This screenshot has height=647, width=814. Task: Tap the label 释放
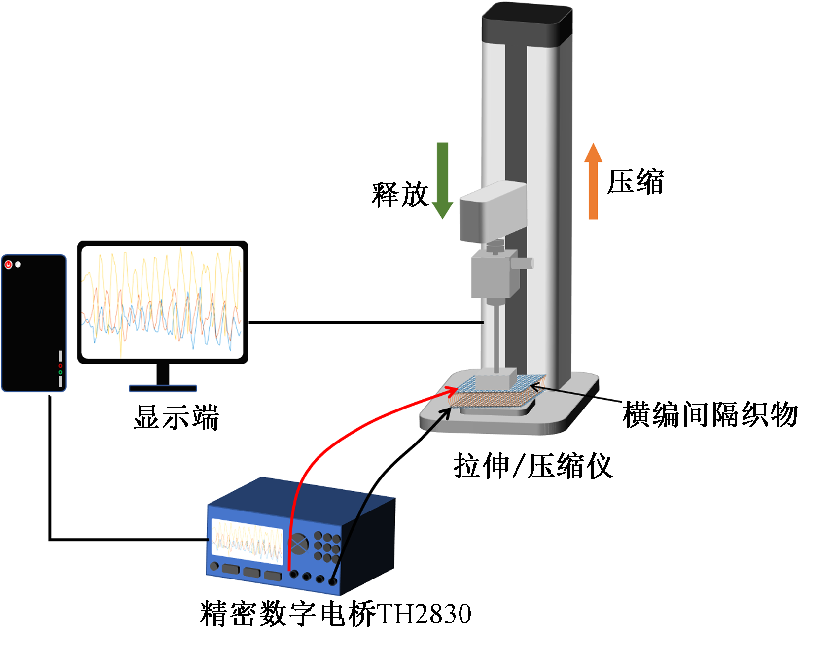click(x=399, y=195)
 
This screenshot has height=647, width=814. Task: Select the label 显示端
click(x=176, y=418)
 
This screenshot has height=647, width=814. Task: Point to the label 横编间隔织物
click(x=710, y=414)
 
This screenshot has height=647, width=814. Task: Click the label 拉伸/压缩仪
click(x=533, y=466)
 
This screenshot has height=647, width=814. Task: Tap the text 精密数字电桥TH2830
click(x=336, y=614)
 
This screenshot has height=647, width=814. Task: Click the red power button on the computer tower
click(x=8, y=265)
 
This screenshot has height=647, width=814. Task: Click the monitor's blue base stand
click(x=163, y=388)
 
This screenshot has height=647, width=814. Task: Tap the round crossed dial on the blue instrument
click(x=298, y=544)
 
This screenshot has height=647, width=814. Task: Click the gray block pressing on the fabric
click(x=495, y=379)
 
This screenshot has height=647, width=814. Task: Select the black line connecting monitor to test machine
click(x=365, y=323)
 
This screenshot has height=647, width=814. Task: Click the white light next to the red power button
click(x=18, y=265)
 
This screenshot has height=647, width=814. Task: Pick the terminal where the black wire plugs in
click(x=333, y=581)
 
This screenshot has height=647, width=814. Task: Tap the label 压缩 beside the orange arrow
click(x=636, y=182)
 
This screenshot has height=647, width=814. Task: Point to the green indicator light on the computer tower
click(x=60, y=372)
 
